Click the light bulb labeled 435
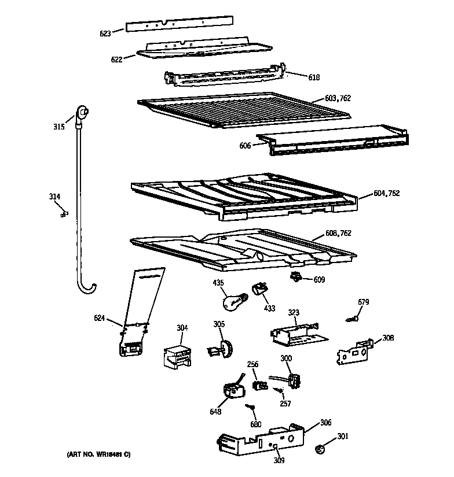pos(232,300)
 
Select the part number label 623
pos(105,33)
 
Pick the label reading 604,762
pos(386,193)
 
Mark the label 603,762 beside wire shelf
pos(338,99)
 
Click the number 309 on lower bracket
pos(279,461)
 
